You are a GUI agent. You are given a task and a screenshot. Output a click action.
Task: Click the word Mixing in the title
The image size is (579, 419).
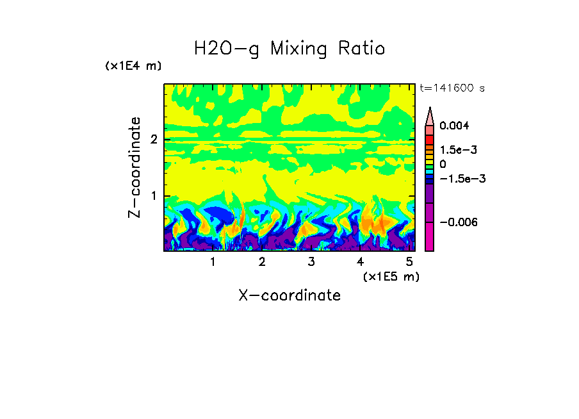[x=303, y=49]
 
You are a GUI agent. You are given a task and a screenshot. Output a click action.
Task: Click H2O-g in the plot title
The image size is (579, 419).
[x=227, y=49]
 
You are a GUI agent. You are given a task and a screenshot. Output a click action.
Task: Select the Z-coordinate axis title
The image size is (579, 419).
[x=135, y=167]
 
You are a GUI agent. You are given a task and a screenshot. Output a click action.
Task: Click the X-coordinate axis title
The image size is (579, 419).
[x=289, y=295]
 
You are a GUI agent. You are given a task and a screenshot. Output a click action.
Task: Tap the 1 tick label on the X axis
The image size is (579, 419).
[x=213, y=262]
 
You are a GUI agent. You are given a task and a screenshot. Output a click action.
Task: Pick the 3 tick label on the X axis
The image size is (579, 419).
[x=311, y=262]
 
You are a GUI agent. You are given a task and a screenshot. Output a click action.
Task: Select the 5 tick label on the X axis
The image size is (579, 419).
[x=409, y=262]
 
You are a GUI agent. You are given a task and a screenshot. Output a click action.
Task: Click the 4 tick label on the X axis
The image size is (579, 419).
[x=360, y=262]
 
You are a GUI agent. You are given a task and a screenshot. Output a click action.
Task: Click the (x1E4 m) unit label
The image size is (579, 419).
[x=133, y=66]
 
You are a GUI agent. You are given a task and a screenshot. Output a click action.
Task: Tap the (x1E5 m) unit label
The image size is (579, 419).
[x=391, y=276]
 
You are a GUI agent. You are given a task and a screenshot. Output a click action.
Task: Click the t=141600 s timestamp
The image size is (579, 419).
[x=452, y=88]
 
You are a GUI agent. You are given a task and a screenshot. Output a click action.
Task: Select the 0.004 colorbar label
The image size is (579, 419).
[x=454, y=126]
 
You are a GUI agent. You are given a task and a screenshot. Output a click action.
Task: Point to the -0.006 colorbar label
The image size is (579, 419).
[x=457, y=222]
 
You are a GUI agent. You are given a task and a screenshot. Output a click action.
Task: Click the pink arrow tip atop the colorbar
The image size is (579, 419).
[x=429, y=115]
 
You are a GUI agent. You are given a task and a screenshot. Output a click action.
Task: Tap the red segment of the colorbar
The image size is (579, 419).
[x=429, y=139]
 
